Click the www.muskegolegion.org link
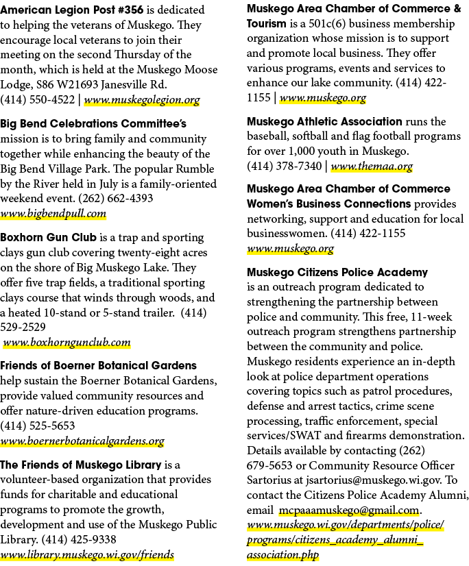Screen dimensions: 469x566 click(x=142, y=99)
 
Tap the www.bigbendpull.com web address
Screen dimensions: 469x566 click(x=53, y=214)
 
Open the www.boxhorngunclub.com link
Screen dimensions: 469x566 click(x=67, y=342)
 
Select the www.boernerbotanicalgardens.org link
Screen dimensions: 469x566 click(x=82, y=441)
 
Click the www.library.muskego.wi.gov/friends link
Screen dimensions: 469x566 click(x=86, y=554)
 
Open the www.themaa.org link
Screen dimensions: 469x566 click(x=372, y=166)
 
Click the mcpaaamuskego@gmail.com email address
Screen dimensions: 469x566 click(x=350, y=510)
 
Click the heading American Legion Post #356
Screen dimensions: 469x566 click(x=71, y=10)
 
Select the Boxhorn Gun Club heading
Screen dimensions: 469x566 click(x=49, y=238)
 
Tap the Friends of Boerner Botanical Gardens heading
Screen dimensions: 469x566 click(x=98, y=366)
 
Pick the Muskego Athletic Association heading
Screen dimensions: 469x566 click(x=324, y=122)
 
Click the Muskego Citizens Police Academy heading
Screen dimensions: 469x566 click(x=337, y=272)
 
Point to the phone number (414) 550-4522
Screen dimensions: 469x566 click(x=37, y=99)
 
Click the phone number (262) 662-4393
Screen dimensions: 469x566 click(x=116, y=199)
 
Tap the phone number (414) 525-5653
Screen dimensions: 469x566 click(x=37, y=426)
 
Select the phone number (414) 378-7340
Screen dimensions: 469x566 click(x=285, y=166)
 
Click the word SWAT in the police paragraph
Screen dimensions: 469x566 click(x=306, y=436)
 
